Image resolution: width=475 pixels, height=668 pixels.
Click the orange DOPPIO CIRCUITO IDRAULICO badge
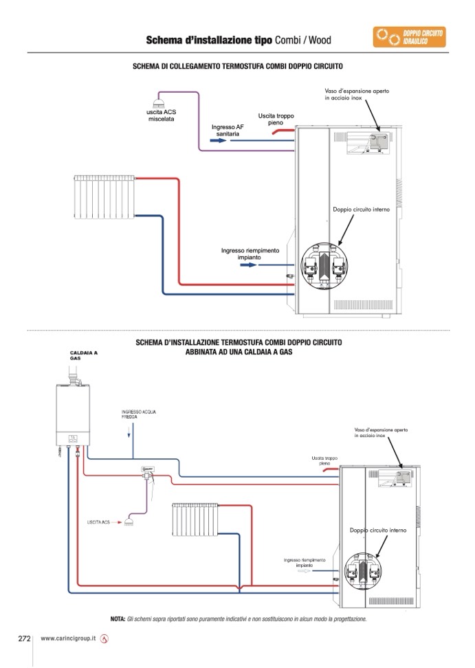(410, 37)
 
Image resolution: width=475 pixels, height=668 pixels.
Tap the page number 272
(24, 638)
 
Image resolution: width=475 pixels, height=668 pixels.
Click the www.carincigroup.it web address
(68, 638)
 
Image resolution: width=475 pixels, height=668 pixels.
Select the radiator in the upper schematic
(104, 197)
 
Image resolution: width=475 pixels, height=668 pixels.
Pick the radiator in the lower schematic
(195, 520)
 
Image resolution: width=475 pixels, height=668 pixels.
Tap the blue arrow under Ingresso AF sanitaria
(219, 140)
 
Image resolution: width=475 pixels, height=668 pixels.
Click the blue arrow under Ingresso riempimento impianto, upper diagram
(249, 265)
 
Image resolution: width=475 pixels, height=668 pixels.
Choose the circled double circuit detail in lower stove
(363, 571)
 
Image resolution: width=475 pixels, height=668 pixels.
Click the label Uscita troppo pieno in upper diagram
(276, 120)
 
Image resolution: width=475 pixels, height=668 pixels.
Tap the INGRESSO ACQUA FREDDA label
(138, 414)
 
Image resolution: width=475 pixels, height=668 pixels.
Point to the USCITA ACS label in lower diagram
(98, 522)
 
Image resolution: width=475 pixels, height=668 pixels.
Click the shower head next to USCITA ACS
(129, 522)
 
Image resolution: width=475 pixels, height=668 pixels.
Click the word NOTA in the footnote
(118, 619)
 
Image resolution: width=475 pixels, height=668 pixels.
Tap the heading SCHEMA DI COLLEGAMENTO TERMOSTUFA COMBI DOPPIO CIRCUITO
(238, 67)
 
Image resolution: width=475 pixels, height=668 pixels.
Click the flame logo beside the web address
(104, 639)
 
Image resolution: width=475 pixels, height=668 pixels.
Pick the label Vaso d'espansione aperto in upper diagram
(357, 94)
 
